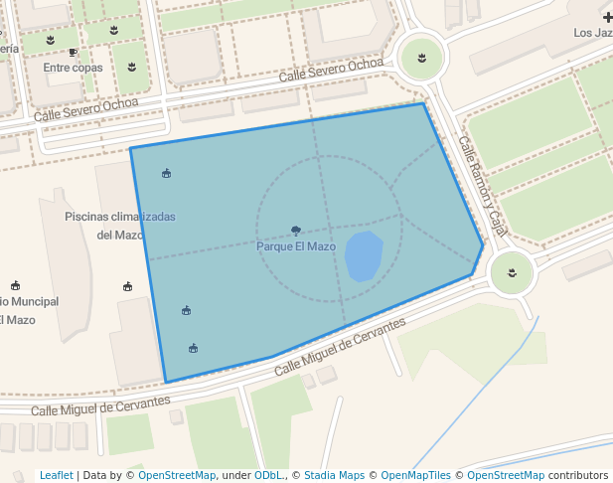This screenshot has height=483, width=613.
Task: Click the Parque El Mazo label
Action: pyautogui.click(x=296, y=246)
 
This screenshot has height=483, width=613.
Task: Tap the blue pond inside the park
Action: pyautogui.click(x=364, y=255)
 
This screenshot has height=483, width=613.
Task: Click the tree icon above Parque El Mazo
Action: pyautogui.click(x=296, y=231)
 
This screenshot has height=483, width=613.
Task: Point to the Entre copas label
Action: pyautogui.click(x=74, y=68)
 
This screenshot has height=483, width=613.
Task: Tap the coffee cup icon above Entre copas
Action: pyautogui.click(x=74, y=52)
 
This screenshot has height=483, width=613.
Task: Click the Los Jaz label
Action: pyautogui.click(x=592, y=33)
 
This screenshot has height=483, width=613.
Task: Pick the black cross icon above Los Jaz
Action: pyautogui.click(x=607, y=18)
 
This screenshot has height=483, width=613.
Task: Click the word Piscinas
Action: pyautogui.click(x=85, y=216)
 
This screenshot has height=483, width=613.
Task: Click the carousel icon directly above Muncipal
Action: pyautogui.click(x=15, y=285)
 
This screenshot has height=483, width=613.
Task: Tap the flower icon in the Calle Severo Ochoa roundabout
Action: pyautogui.click(x=421, y=57)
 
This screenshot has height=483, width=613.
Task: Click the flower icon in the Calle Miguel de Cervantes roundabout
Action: pyautogui.click(x=512, y=272)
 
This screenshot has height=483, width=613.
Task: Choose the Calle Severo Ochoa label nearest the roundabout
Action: pyautogui.click(x=331, y=71)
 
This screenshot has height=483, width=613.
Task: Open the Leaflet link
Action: pyautogui.click(x=57, y=475)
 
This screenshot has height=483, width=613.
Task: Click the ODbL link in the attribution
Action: pyautogui.click(x=268, y=475)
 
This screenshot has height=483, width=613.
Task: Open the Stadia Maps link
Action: pyautogui.click(x=334, y=475)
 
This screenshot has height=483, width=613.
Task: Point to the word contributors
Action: pyautogui.click(x=578, y=475)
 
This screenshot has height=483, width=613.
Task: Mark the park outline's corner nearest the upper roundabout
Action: pyautogui.click(x=424, y=103)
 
